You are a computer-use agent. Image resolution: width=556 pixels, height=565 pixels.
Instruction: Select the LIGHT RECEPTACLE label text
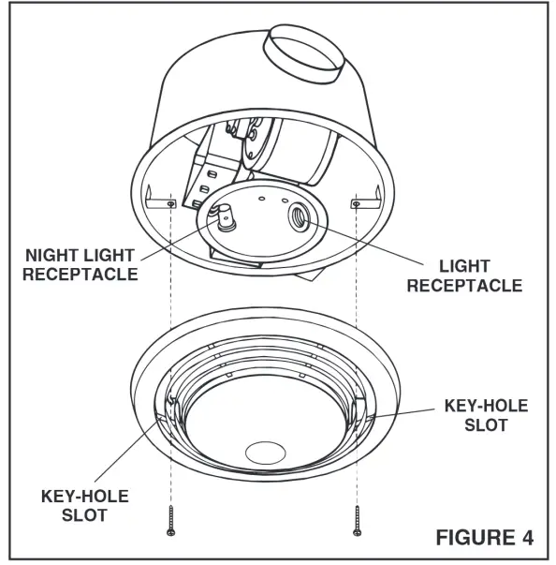point(463,275)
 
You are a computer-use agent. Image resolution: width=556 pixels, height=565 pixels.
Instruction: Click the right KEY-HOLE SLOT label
point(485,415)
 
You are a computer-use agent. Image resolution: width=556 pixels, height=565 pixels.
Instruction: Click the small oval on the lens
point(266,453)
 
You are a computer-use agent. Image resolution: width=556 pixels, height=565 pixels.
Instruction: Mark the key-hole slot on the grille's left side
point(171,407)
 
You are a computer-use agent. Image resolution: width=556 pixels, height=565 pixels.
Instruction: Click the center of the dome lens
point(266,427)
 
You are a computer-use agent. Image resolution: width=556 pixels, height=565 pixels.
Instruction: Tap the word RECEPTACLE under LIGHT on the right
point(463,285)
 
